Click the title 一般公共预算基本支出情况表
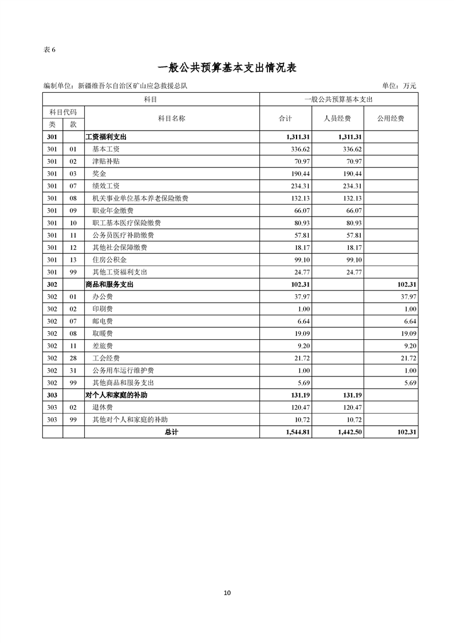(227, 68)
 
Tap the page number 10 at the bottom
(227, 593)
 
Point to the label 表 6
(49, 49)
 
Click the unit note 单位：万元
(399, 86)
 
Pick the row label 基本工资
(106, 149)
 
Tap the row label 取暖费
(102, 333)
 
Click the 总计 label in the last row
(171, 432)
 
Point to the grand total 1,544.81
(298, 432)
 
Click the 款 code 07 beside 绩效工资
(73, 186)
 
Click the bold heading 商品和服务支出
(109, 284)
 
